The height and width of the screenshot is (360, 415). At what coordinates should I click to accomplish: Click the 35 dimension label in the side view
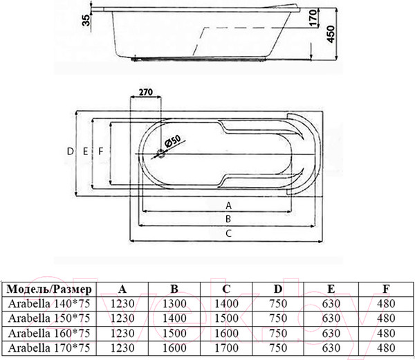click(x=86, y=20)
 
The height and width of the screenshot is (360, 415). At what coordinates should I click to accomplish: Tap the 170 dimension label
click(x=313, y=18)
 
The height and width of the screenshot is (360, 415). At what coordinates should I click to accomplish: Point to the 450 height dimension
click(x=331, y=34)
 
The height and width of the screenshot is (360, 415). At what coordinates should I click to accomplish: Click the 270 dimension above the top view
click(x=146, y=92)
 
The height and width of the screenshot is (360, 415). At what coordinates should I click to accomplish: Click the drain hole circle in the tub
click(x=160, y=154)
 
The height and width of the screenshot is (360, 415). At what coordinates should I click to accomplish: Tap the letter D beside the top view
click(x=70, y=151)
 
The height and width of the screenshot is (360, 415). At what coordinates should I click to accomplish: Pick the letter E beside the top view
click(x=85, y=151)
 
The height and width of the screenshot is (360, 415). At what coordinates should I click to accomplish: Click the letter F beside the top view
click(x=100, y=151)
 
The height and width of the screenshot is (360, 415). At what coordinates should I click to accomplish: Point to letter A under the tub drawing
click(x=228, y=206)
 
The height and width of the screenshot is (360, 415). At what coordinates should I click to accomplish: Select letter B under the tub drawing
click(x=228, y=219)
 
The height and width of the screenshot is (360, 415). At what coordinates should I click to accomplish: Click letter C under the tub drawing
click(x=228, y=233)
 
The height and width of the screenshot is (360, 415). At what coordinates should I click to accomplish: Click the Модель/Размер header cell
click(x=49, y=289)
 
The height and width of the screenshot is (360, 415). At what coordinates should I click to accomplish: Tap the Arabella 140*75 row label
click(x=49, y=303)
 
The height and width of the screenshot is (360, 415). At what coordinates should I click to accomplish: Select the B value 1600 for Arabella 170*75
click(x=174, y=348)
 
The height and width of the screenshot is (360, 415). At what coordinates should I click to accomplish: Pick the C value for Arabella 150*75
click(x=226, y=318)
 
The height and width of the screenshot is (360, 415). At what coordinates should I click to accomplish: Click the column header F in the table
click(x=386, y=289)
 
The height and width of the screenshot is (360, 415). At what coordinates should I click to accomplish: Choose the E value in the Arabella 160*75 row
click(x=331, y=333)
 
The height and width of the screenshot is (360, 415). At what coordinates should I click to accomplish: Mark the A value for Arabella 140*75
click(x=122, y=303)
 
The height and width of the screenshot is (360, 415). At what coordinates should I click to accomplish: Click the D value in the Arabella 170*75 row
click(x=278, y=348)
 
